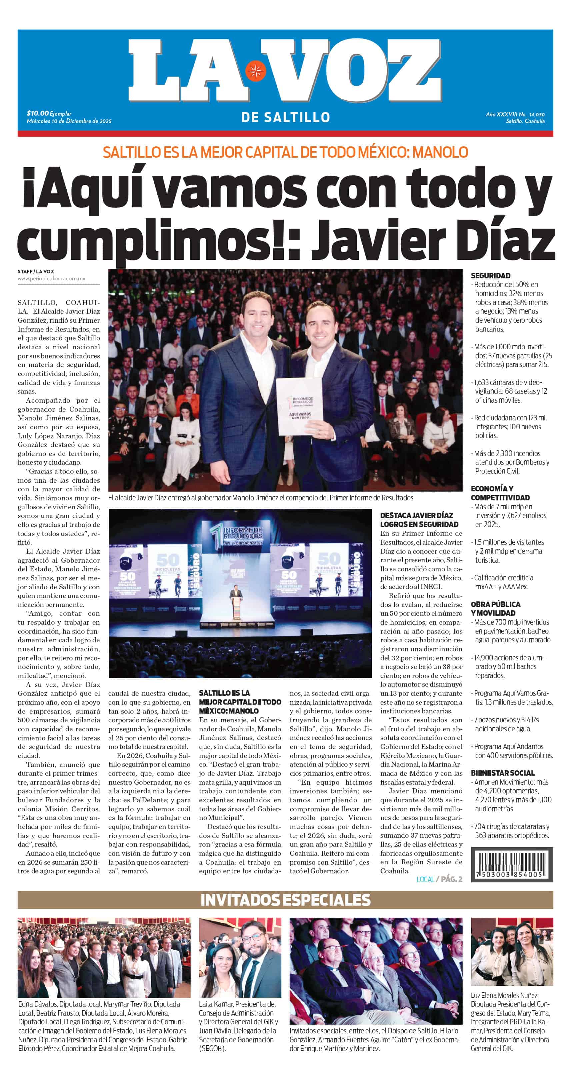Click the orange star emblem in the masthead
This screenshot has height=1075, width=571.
[255, 71]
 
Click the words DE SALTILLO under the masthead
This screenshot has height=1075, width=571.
[285, 118]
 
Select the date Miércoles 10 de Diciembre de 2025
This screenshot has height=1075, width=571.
[69, 121]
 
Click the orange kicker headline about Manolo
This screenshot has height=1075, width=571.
[285, 152]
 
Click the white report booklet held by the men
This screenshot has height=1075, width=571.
[296, 407]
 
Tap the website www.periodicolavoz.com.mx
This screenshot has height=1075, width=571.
[51, 279]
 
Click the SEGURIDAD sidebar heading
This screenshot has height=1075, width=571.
[490, 276]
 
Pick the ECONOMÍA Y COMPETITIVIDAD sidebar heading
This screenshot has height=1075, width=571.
[500, 493]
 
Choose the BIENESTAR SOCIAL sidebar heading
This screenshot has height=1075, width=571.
[503, 773]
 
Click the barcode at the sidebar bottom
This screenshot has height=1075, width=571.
[512, 864]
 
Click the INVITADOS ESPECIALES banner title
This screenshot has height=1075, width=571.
[285, 900]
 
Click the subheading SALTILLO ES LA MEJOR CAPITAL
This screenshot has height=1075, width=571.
[240, 702]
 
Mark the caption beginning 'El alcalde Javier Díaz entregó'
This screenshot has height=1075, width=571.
[261, 498]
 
